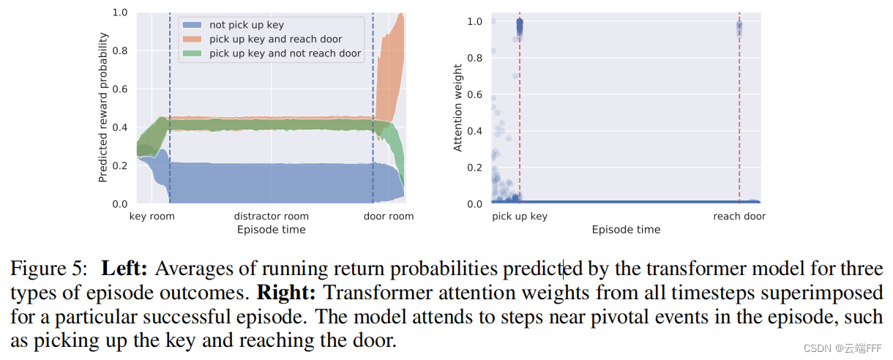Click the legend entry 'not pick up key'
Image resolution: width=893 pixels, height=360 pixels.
246,25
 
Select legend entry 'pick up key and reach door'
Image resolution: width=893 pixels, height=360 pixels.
275,39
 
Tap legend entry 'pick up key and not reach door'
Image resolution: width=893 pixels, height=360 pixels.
285,53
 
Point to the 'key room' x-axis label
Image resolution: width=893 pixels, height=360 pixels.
152,217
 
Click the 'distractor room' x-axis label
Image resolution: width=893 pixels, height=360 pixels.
271,217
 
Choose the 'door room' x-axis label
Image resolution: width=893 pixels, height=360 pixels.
389,217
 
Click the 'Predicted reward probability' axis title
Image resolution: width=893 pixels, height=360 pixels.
103,108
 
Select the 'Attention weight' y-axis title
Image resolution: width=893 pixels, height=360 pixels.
458,108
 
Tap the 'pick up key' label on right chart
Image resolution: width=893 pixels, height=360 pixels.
520,217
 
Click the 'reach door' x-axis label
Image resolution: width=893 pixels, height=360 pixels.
739,217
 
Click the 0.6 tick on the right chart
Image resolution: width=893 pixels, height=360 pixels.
476,94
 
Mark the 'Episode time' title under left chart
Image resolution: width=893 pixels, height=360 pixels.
271,230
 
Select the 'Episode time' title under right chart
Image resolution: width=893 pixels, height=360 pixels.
626,230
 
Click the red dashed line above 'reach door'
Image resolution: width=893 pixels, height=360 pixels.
739,110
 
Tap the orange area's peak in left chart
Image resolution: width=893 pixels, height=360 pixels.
401,15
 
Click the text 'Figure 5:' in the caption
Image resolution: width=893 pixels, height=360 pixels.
48,269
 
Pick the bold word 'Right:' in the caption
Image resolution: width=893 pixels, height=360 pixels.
287,293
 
